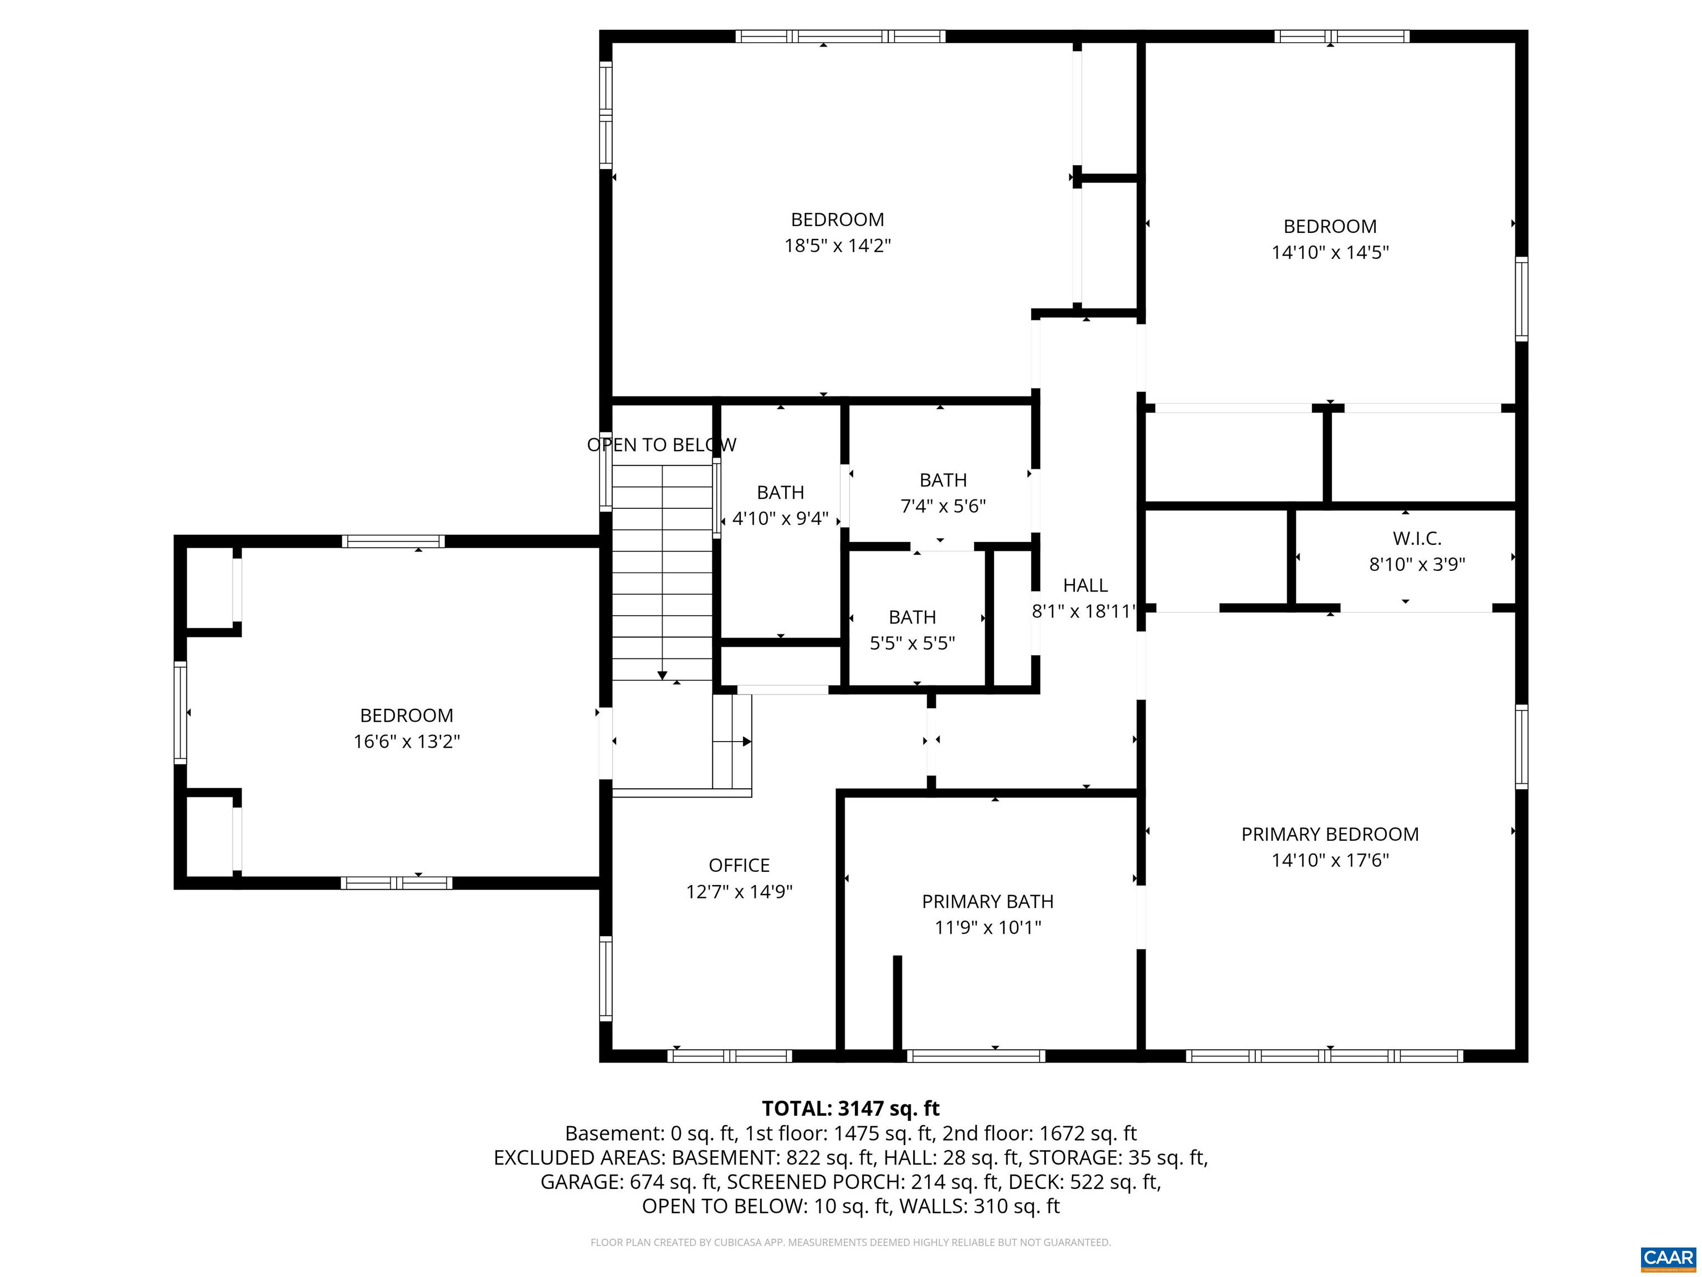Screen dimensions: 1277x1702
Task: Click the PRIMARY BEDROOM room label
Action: pos(1330,834)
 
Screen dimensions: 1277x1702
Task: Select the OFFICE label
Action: pos(739,865)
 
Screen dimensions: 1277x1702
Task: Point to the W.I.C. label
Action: pos(1417,539)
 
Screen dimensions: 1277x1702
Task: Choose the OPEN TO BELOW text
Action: pos(661,445)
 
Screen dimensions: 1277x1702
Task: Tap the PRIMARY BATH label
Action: pos(987,901)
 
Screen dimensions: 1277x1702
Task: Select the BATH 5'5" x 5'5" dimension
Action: pos(912,643)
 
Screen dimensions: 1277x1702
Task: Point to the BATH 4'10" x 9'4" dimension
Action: pos(780,519)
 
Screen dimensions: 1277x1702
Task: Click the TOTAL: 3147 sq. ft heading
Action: pos(850,1109)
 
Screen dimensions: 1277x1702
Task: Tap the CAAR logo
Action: pos(1668,1258)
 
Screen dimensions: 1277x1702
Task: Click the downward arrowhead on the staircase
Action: pos(662,676)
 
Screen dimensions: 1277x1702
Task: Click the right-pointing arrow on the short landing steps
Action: pos(746,741)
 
